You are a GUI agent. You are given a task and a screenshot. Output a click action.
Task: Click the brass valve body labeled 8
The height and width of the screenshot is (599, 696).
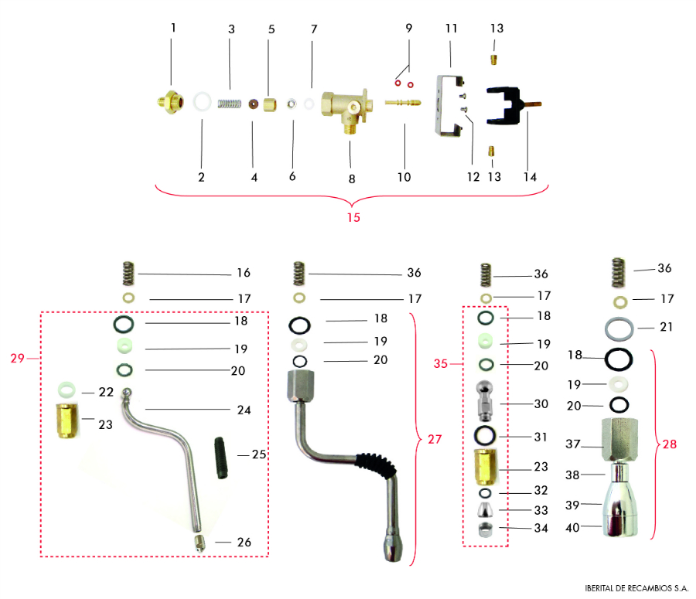pos(343,109)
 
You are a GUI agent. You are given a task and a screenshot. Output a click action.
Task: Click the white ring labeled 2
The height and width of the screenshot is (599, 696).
pos(203,101)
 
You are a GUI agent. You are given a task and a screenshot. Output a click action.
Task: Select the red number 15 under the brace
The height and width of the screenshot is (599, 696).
pos(353,217)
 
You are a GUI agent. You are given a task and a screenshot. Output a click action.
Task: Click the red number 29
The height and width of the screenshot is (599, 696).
pos(18,358)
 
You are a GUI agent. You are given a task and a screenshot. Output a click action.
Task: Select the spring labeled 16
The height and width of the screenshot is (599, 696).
pos(130,273)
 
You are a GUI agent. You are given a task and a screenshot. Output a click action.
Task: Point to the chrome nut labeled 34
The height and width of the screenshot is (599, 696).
pos(486,529)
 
